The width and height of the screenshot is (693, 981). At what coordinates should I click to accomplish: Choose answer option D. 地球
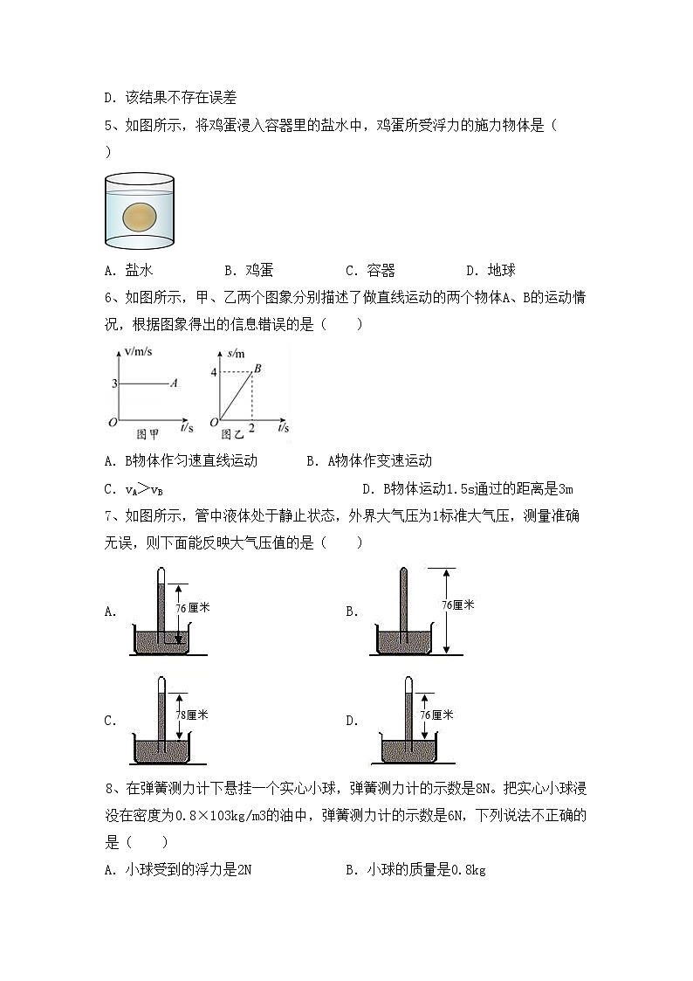point(491,271)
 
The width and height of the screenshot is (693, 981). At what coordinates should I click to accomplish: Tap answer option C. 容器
point(370,271)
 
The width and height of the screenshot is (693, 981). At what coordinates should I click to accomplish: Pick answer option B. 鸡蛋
point(249,271)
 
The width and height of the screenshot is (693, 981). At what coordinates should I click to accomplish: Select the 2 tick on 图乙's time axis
point(252,429)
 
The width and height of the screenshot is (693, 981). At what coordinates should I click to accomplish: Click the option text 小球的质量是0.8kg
point(426,870)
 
